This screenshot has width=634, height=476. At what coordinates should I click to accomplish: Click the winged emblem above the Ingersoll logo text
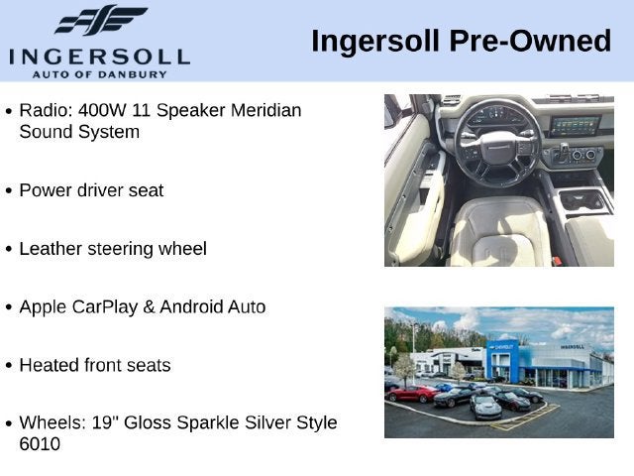pyautogui.click(x=101, y=20)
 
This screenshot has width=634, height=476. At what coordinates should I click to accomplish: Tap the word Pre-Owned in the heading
pyautogui.click(x=530, y=42)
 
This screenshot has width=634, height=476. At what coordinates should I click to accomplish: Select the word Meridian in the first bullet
pyautogui.click(x=265, y=110)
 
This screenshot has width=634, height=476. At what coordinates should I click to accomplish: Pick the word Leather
pyautogui.click(x=51, y=249)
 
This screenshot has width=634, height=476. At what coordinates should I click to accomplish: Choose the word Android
pyautogui.click(x=191, y=306)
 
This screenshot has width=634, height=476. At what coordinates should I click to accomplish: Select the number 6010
pyautogui.click(x=40, y=444)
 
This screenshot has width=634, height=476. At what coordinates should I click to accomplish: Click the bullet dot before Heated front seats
pyautogui.click(x=9, y=366)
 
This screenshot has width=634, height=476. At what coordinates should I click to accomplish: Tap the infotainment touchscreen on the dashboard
pyautogui.click(x=575, y=126)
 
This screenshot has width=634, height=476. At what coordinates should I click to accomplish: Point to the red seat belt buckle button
pyautogui.click(x=557, y=261)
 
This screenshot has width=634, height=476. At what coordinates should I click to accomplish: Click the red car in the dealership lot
pyautogui.click(x=412, y=394)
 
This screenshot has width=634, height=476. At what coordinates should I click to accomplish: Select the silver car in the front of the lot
pyautogui.click(x=485, y=406)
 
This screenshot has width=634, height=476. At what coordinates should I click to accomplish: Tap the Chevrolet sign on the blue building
pyautogui.click(x=502, y=347)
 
